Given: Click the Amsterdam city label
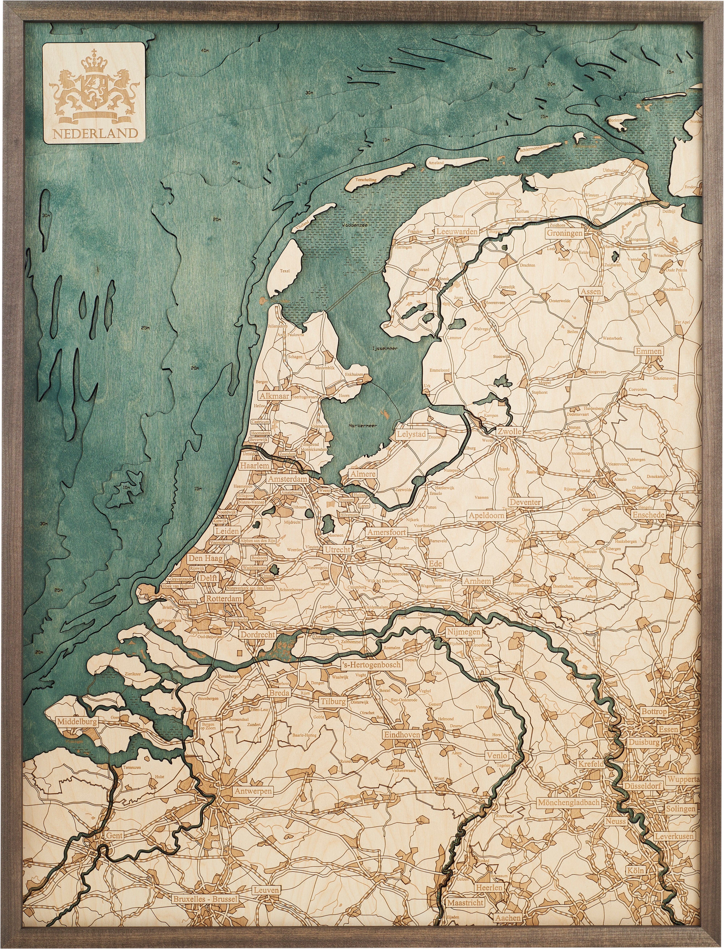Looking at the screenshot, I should pos(287,479).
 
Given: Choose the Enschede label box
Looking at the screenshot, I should pos(649,515).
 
